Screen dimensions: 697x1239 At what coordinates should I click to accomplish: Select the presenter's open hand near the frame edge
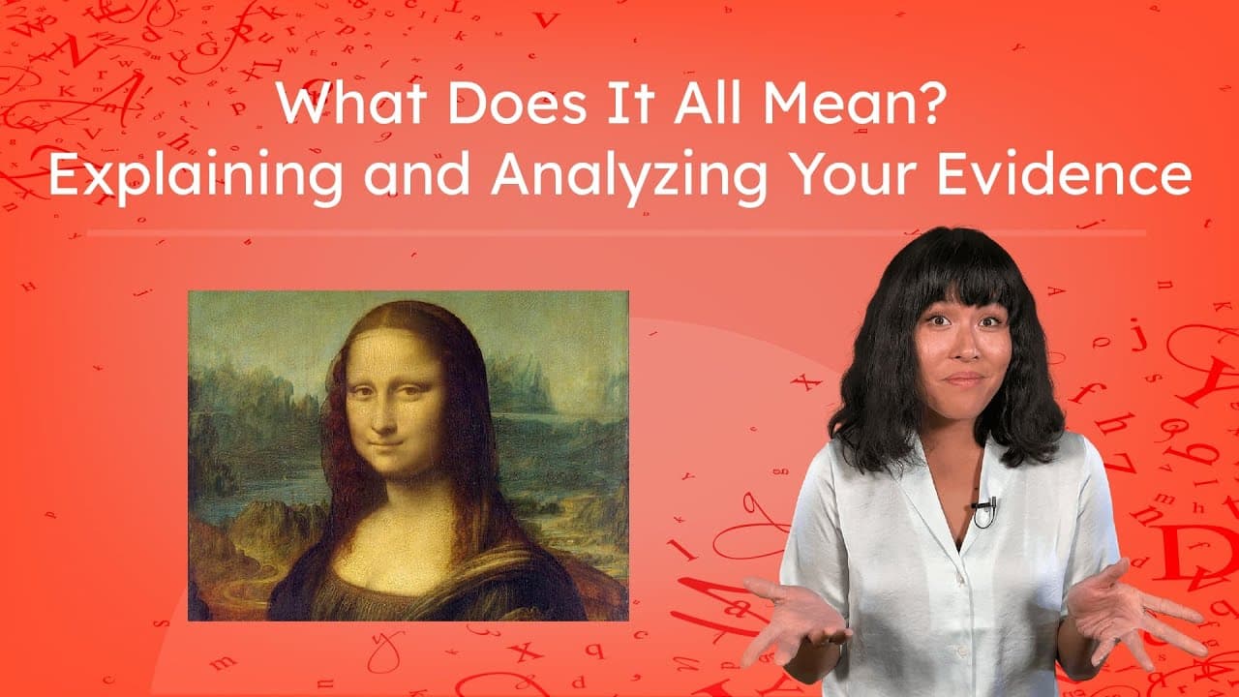coord(1133,620)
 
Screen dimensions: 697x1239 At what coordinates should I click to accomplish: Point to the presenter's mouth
coord(965,380)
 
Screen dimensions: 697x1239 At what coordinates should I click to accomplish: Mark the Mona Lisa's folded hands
coord(407,605)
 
